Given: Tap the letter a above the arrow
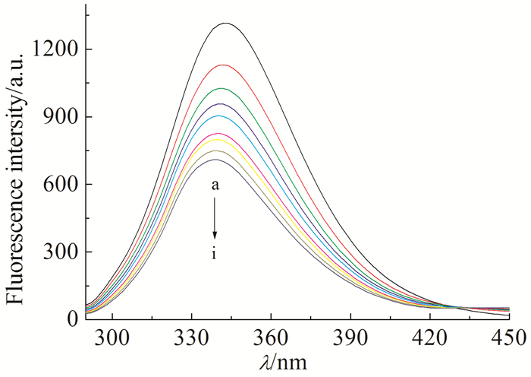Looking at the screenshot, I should point(215,185).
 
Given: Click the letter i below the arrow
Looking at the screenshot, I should point(215,254).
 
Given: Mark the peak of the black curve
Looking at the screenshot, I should point(225,24).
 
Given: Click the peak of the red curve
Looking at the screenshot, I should point(224,65).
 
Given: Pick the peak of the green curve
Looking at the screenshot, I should point(222,88).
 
